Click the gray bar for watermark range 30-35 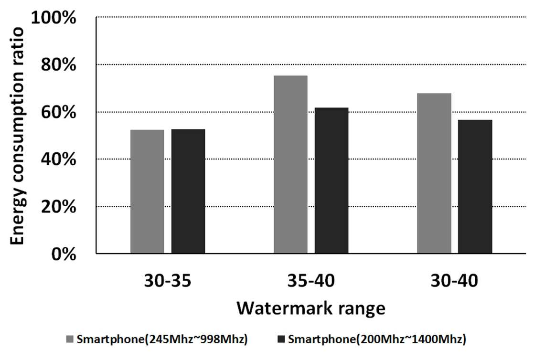point(147,191)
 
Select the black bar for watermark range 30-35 point(188,191)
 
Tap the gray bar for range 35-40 point(290,165)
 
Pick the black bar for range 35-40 point(331,180)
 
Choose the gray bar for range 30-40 point(434,173)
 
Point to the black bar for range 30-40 point(475,187)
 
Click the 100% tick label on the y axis point(53,17)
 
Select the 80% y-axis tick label point(59,65)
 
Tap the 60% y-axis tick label point(59,112)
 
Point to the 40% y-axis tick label point(59,159)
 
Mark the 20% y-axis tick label point(59,206)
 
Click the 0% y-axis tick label point(64,254)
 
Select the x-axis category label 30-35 point(168,281)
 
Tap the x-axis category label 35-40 point(311,281)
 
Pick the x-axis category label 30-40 point(454,281)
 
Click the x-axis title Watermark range point(311,308)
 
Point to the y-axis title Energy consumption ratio point(17,136)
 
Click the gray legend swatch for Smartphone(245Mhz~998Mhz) point(70,339)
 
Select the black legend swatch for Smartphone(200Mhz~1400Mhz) point(281,339)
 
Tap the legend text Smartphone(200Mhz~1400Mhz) point(377,339)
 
